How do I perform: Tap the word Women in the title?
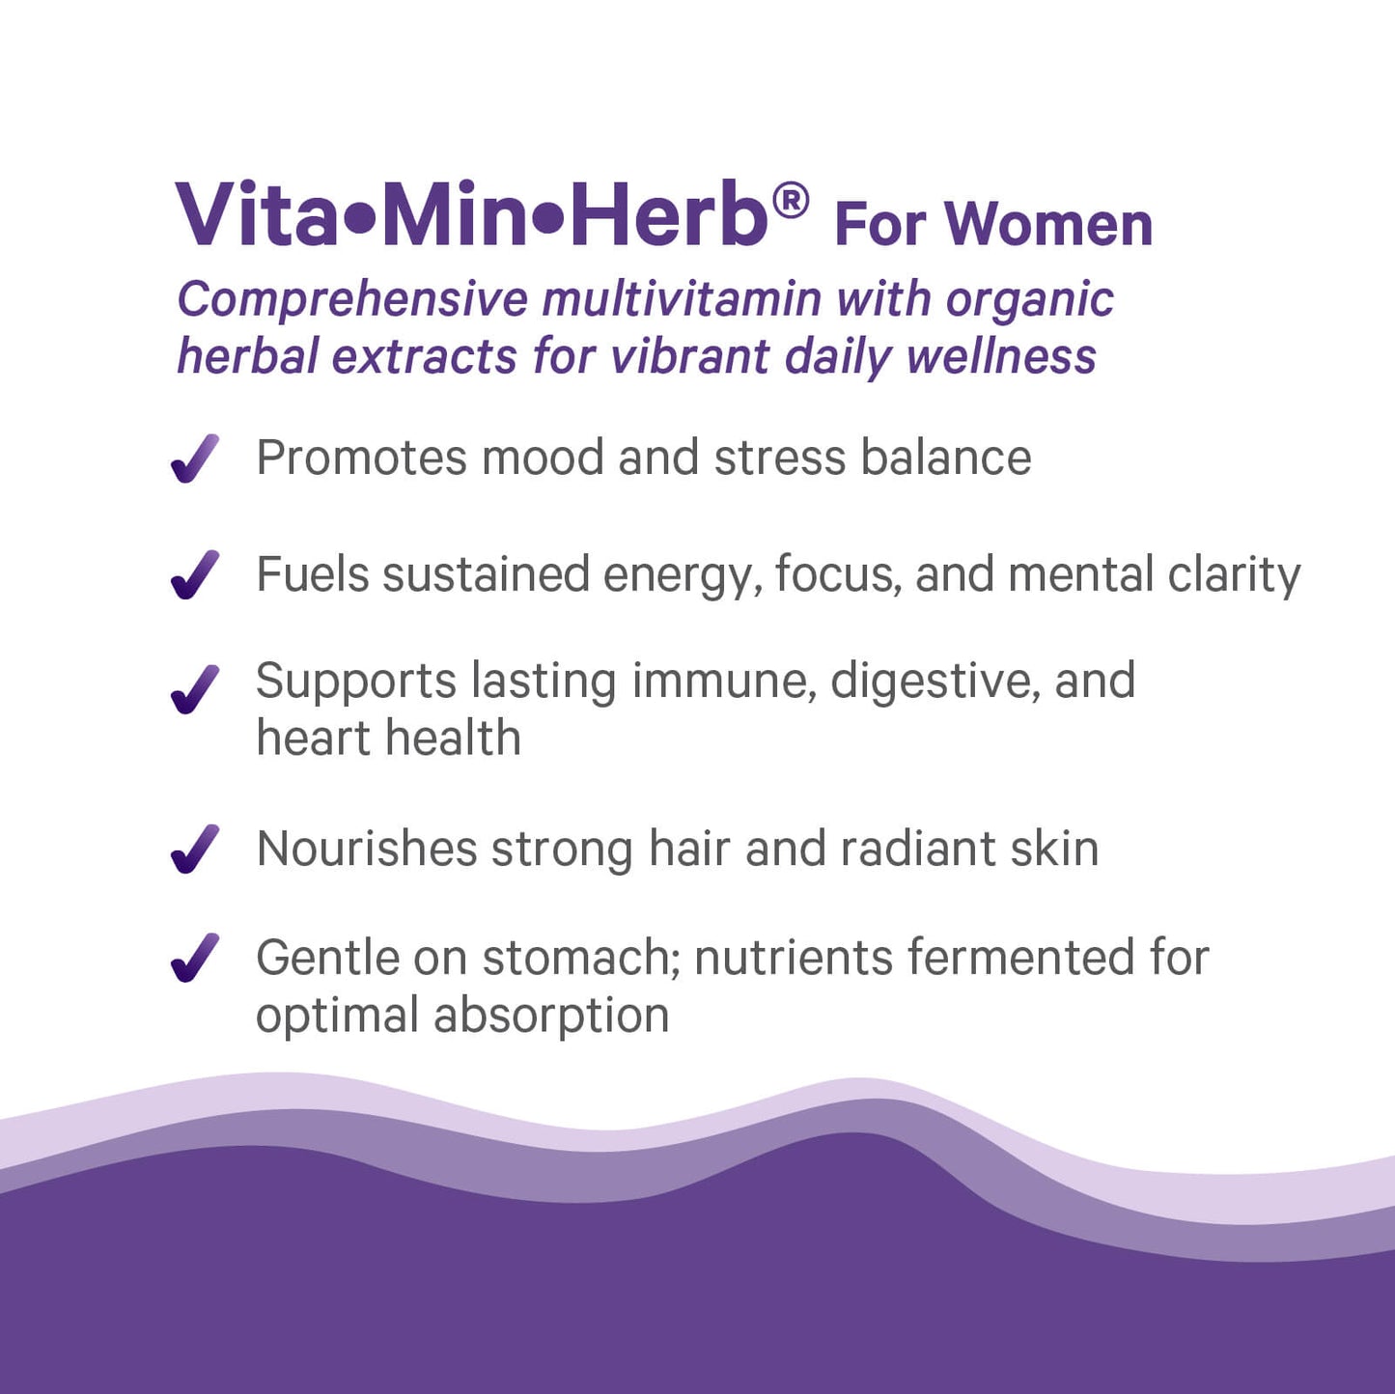click(x=1048, y=225)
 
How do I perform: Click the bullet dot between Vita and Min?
click(x=358, y=219)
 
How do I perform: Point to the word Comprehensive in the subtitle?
click(x=352, y=300)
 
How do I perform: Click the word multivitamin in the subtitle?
click(x=682, y=298)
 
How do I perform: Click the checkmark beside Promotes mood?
click(x=194, y=459)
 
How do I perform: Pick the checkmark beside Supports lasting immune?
click(x=194, y=689)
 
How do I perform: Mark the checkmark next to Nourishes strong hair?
click(x=194, y=850)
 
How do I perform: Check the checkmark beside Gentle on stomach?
click(x=194, y=958)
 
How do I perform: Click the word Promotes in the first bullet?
click(x=361, y=458)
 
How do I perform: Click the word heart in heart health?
click(x=313, y=739)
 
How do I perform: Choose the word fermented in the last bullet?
click(x=1020, y=958)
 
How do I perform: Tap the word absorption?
click(x=551, y=1017)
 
